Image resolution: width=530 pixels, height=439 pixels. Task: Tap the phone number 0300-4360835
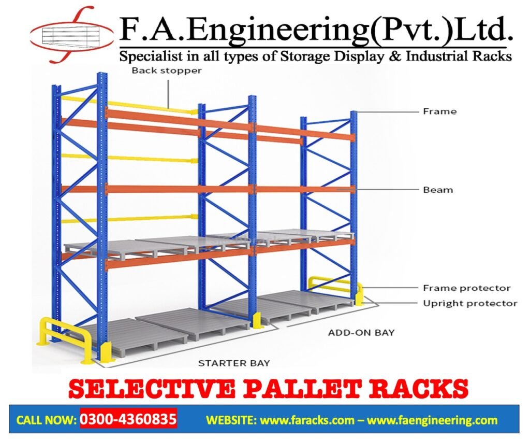pos(128,418)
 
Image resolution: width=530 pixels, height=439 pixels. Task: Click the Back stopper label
pos(166,70)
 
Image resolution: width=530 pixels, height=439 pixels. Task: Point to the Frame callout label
pos(439,111)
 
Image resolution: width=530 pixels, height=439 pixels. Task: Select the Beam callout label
pos(438,190)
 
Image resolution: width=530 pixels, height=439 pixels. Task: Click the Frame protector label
pos(466,288)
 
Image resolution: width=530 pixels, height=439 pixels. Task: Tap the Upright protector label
pos(470,303)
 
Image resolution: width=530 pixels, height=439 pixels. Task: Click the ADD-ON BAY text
pos(361,332)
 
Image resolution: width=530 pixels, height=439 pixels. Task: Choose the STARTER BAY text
pos(234,363)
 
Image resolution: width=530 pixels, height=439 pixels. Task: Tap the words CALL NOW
pos(46,420)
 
